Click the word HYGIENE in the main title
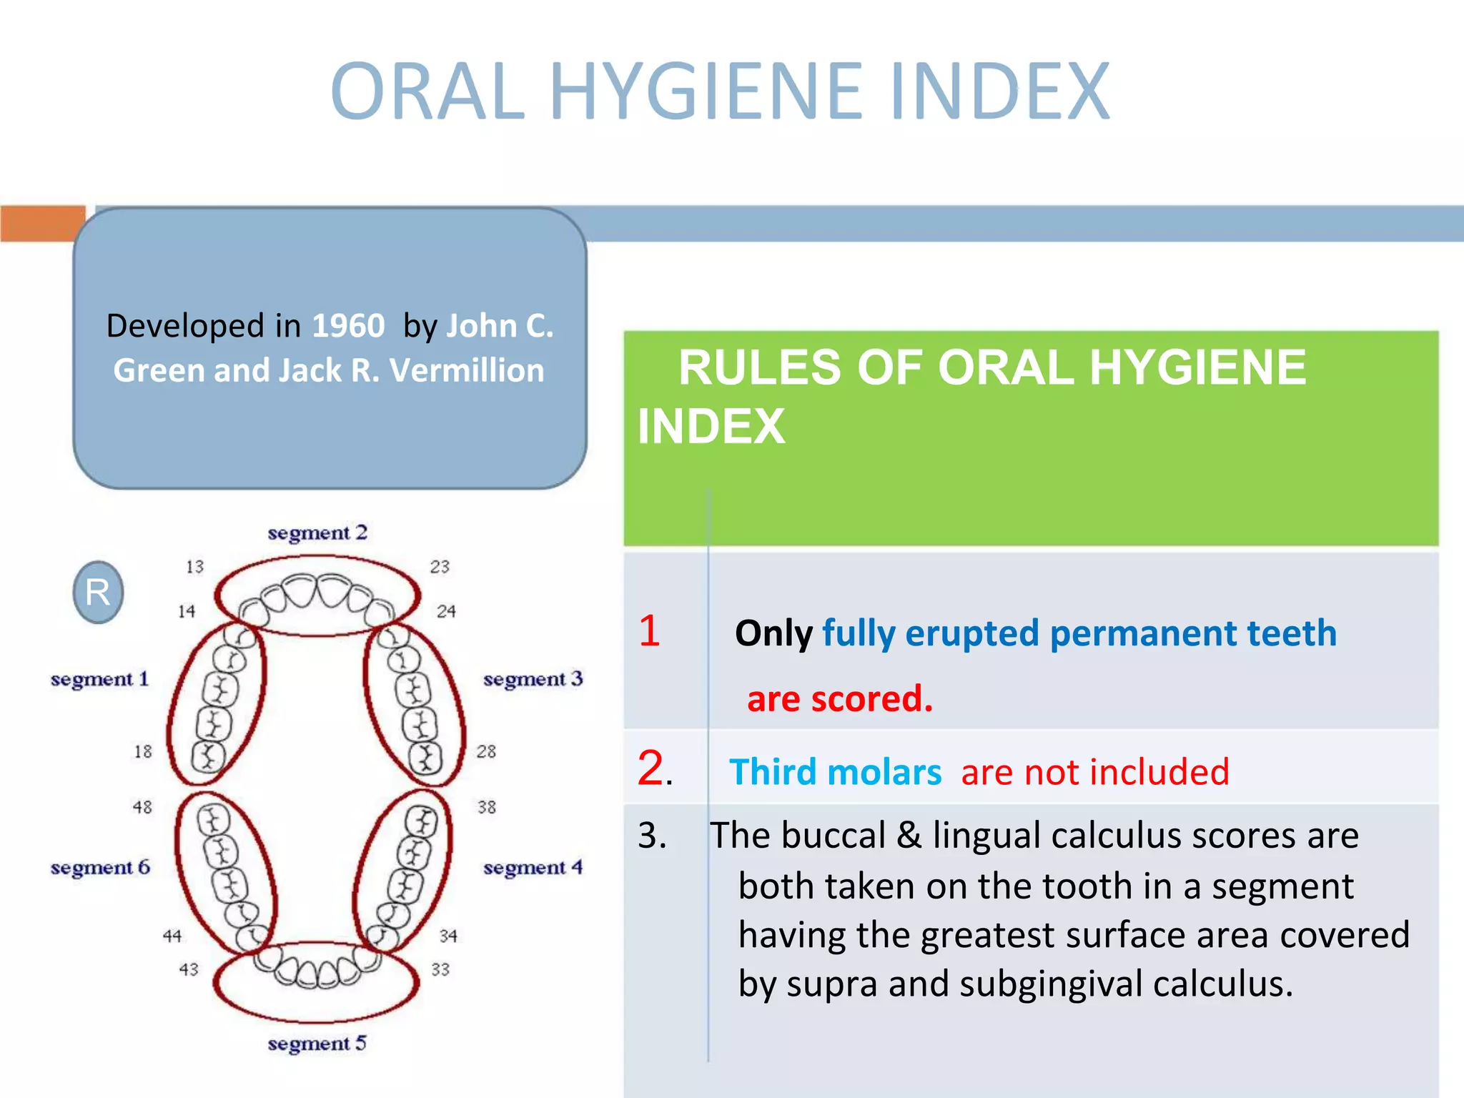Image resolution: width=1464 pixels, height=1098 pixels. click(706, 91)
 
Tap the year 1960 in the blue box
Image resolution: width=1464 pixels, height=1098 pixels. click(348, 326)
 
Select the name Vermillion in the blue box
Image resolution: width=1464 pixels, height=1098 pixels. click(466, 370)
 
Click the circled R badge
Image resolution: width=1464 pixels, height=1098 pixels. click(98, 592)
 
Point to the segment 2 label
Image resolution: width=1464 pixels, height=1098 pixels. click(317, 533)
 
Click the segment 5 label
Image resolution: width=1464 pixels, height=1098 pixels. click(317, 1044)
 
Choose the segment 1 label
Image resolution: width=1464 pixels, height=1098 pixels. click(100, 678)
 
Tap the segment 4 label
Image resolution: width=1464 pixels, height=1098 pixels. click(533, 868)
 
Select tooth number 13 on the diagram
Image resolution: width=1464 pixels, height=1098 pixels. click(194, 567)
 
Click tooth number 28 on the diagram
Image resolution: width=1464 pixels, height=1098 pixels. click(486, 751)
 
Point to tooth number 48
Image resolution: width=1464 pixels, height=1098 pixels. click(142, 807)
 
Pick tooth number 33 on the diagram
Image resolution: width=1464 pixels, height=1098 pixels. click(440, 969)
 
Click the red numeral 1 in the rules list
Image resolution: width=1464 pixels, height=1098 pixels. click(649, 630)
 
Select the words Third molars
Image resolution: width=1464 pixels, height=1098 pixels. click(835, 772)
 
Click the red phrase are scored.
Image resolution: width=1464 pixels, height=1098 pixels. click(840, 698)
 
